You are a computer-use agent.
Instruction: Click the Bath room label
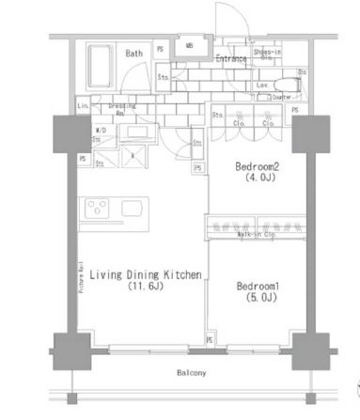[133, 54]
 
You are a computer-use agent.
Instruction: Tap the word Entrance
[229, 59]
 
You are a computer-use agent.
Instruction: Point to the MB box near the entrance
[189, 45]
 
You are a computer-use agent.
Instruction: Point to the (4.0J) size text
[257, 177]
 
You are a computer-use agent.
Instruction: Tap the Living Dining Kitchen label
[138, 274]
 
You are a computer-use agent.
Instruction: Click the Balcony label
[189, 373]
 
